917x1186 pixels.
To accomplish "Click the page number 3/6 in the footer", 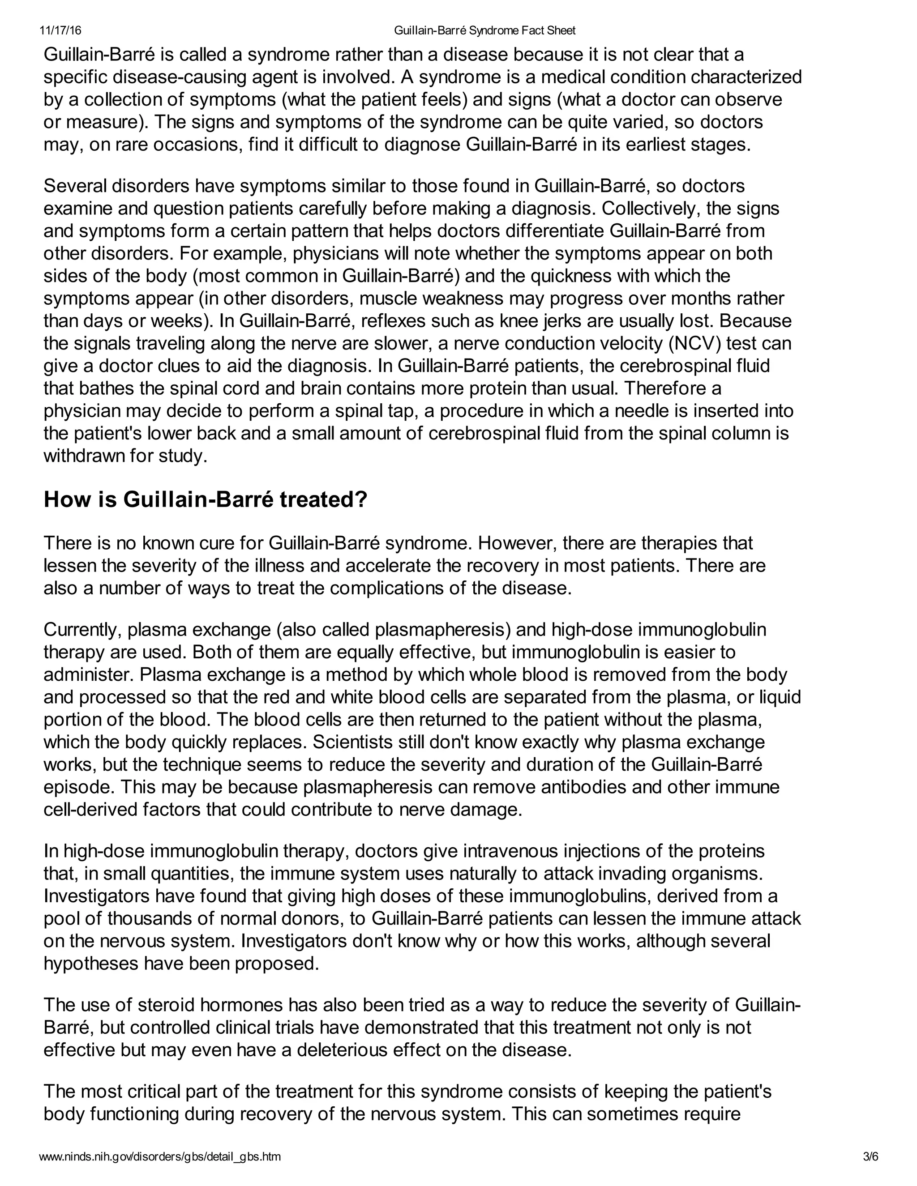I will [x=870, y=1156].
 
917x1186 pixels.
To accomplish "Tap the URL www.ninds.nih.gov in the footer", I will [x=160, y=1156].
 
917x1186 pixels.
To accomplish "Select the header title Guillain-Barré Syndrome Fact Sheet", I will [x=484, y=31].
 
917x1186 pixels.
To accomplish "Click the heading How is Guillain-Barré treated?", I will [x=206, y=499].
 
